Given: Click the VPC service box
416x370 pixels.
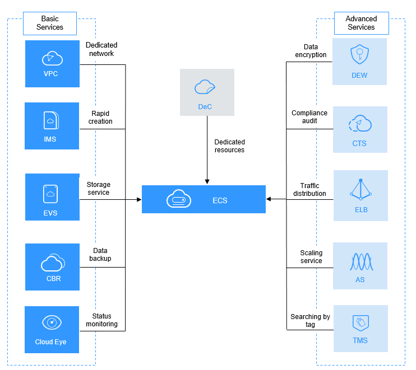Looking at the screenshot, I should [x=52, y=62].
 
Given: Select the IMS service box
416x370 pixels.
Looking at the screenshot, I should [x=52, y=126].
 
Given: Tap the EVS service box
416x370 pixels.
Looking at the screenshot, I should [x=52, y=197].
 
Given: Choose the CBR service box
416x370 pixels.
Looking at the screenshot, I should [x=52, y=266].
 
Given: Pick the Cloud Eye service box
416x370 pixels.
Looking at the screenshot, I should [x=52, y=329].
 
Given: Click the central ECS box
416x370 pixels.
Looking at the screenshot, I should [x=204, y=199].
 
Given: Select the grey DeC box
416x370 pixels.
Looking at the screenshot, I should [x=207, y=92].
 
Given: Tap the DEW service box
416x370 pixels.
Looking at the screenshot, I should [x=359, y=62].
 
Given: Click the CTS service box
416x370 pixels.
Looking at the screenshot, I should [x=359, y=129].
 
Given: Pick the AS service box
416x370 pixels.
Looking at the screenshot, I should [x=359, y=266].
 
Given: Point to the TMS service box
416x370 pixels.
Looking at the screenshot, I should [x=359, y=328].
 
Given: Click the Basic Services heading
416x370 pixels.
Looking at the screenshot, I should [x=50, y=23].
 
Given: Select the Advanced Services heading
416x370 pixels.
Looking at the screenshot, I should [x=361, y=23].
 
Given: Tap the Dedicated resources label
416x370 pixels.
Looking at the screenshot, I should [x=229, y=146].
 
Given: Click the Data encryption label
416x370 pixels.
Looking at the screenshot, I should [x=310, y=51].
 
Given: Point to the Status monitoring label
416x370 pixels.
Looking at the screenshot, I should [x=101, y=320].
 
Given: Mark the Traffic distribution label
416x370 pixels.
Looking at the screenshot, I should [x=309, y=190].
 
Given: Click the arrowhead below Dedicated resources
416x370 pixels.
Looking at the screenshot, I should [x=207, y=181].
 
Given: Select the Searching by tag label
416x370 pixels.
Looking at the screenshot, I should [x=310, y=320].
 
